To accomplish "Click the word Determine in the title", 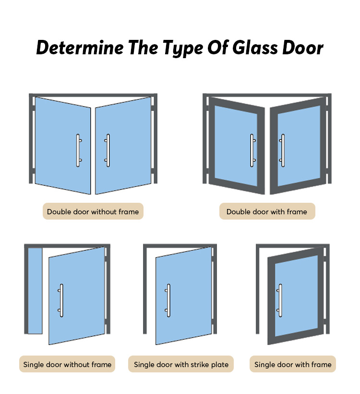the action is point(80,47).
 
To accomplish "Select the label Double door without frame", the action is point(93,211).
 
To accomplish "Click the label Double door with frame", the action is point(267,211).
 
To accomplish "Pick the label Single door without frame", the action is point(67,364).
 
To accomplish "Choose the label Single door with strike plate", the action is point(181,364).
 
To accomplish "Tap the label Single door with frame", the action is point(293,364).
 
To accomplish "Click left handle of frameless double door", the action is point(78,150).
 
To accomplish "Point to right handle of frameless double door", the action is point(108,150).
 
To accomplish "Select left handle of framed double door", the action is point(252,150).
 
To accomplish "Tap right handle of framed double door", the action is point(282,150).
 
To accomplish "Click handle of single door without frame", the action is point(61,300).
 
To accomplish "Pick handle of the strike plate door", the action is point(168,300).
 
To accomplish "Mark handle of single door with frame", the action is point(280,300).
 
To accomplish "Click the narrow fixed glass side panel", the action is point(35,291).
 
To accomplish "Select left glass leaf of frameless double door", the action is point(63,146).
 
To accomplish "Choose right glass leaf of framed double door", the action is point(299,146).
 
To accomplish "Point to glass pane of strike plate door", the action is point(183,296).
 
